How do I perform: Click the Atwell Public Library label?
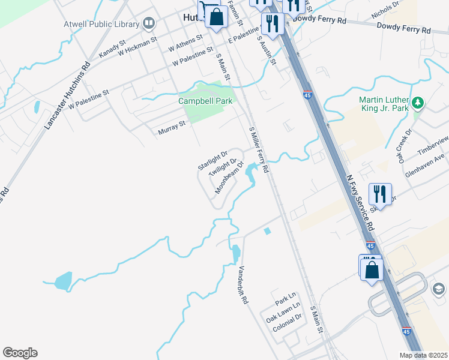101,25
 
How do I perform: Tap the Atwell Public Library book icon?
148,24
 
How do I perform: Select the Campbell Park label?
205,101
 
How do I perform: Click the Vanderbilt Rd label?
243,284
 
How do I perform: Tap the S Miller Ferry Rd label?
259,150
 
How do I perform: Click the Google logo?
20,353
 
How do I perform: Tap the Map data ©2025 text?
424,355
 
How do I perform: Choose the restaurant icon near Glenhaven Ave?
380,193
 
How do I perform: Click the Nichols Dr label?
385,10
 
